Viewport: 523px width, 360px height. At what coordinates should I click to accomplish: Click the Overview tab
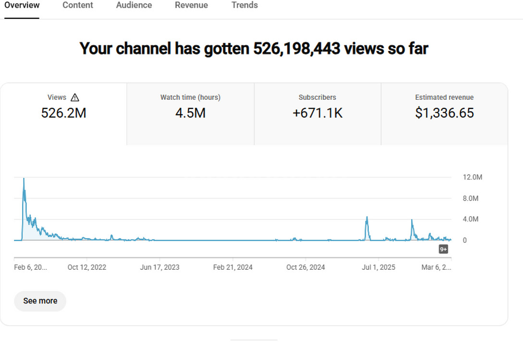pos(22,5)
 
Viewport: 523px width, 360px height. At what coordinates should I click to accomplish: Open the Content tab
pos(78,5)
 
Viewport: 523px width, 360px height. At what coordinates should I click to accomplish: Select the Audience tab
pos(134,5)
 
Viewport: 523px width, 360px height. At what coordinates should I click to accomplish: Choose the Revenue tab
pos(191,5)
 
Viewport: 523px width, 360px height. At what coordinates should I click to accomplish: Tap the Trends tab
pos(244,5)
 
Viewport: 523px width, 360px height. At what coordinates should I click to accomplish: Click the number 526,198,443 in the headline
pos(296,48)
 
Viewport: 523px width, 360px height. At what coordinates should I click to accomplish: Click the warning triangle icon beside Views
pos(75,97)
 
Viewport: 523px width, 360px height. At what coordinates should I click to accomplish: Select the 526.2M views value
pos(63,113)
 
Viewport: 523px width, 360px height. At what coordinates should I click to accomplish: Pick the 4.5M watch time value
pos(190,113)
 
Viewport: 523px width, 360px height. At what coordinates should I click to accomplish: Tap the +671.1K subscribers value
pos(317,113)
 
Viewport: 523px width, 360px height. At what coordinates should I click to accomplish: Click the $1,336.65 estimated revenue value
pos(444,113)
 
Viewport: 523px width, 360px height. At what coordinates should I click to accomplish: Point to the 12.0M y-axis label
pos(472,177)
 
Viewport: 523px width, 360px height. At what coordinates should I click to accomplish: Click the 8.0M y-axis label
pos(471,198)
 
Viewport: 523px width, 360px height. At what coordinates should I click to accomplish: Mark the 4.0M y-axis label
pos(471,219)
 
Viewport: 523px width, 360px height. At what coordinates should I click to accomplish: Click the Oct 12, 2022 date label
pos(87,267)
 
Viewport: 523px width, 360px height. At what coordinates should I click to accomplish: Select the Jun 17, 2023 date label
pos(159,267)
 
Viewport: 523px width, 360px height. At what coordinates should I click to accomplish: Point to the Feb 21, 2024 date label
pos(232,267)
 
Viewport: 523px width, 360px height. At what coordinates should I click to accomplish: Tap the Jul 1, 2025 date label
pos(378,267)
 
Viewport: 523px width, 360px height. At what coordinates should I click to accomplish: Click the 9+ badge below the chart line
pos(443,249)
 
